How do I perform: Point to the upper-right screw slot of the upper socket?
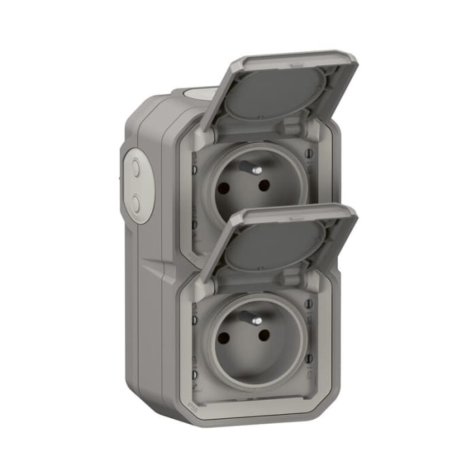310,154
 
